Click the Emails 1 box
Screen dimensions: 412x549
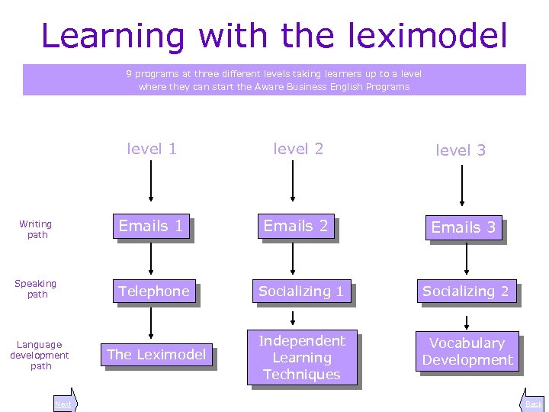pos(151,226)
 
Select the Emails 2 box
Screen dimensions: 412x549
pos(296,226)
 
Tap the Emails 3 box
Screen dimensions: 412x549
pos(464,227)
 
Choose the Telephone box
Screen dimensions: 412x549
pos(154,291)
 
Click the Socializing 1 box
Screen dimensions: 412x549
pos(301,291)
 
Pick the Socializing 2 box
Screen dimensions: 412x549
pos(466,291)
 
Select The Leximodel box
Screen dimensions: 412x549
pos(156,354)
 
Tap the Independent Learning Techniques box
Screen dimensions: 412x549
pos(302,357)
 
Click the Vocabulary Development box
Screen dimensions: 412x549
pos(467,352)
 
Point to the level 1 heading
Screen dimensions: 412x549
pos(152,149)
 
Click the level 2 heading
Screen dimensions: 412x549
pos(298,149)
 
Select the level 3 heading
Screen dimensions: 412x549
pos(461,150)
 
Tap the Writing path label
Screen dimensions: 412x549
pos(36,229)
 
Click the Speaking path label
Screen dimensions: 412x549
pos(36,288)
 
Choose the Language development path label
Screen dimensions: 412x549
pos(40,355)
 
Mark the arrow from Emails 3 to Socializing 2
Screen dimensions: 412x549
pos(467,260)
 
